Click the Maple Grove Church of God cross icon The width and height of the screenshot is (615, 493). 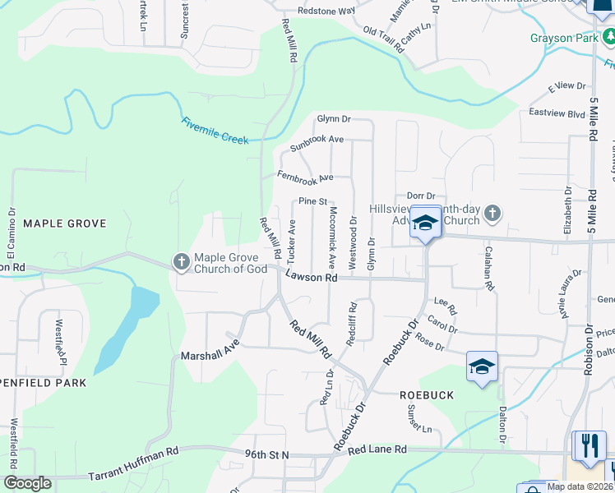(181, 262)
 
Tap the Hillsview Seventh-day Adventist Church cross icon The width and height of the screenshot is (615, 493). (492, 214)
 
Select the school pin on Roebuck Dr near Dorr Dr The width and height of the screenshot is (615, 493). (426, 223)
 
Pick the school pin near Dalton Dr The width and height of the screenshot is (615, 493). (482, 366)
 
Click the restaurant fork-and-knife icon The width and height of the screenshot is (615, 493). (589, 445)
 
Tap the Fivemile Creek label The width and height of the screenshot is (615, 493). (215, 130)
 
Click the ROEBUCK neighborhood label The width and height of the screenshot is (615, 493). (427, 395)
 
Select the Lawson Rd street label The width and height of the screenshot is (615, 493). (312, 279)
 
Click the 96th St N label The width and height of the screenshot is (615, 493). (266, 454)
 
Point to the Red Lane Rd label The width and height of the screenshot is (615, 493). (377, 449)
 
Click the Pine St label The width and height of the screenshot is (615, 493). (312, 201)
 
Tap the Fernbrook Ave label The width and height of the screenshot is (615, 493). (305, 177)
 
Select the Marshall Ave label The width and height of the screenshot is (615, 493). (210, 350)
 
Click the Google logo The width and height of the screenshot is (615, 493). (27, 483)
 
